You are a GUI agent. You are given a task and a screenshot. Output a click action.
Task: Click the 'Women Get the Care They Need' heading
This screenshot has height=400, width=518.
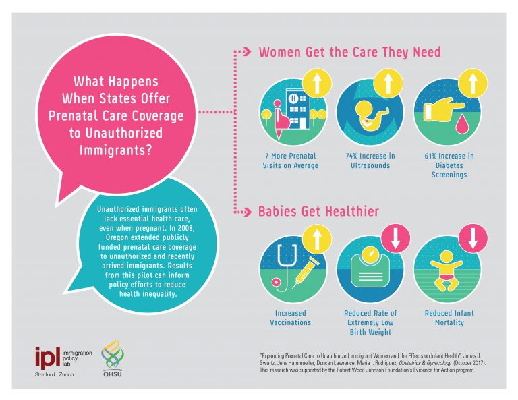pos(349,52)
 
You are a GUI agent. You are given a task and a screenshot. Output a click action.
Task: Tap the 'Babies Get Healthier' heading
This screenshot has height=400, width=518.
pos(318,211)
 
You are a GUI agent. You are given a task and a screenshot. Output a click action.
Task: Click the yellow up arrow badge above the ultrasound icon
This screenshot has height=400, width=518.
pos(388,83)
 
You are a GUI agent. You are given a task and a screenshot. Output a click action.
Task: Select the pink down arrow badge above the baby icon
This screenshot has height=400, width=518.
pos(473,238)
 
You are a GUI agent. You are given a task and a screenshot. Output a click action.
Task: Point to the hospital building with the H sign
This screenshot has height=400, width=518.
pos(297,108)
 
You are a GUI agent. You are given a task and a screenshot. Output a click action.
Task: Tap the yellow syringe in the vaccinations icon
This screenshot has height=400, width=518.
pos(306,273)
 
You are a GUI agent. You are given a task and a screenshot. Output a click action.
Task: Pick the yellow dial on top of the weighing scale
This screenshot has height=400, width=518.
pos(370,254)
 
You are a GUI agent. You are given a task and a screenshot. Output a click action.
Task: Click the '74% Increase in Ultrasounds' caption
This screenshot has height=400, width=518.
pos(370,161)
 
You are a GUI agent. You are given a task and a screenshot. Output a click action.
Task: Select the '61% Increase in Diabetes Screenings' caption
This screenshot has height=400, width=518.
pos(449,165)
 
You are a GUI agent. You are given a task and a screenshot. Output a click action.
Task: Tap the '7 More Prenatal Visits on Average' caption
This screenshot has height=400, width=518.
pos(291,161)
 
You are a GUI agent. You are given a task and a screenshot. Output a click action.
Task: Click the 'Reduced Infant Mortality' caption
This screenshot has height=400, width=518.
pos(449,318)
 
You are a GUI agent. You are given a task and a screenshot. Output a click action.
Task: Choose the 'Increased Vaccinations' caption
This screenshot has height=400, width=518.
pos(291,318)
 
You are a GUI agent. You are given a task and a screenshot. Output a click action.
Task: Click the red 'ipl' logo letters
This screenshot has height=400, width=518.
pos(48,358)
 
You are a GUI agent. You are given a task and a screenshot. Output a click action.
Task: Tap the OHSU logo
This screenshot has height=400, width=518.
pos(113,358)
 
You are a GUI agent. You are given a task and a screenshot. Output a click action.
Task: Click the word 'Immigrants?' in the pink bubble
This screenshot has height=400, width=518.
pos(115,150)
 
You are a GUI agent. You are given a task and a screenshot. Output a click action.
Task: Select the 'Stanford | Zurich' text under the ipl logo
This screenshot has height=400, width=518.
pos(54,374)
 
